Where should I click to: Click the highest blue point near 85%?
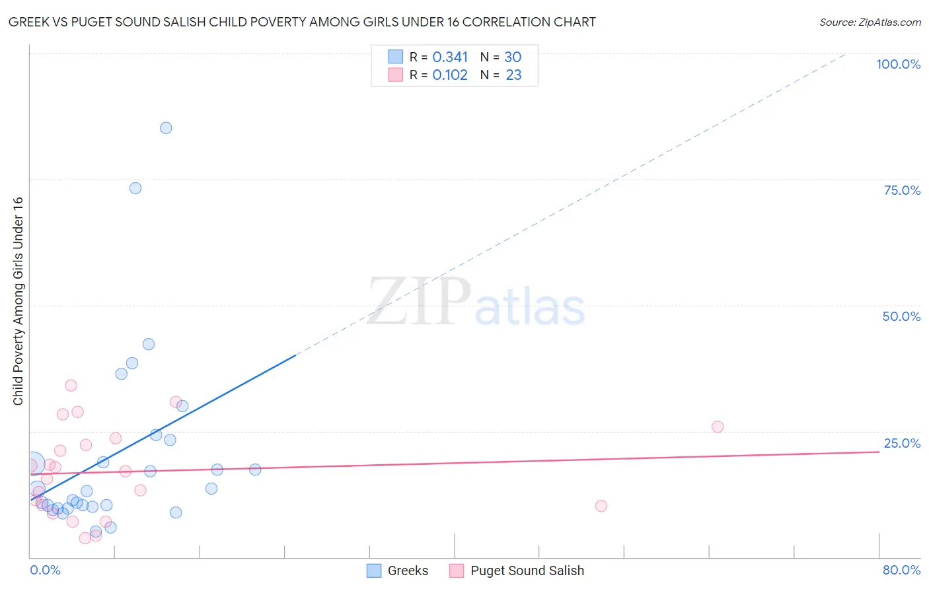[x=166, y=128]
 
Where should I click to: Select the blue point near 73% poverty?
[x=135, y=188]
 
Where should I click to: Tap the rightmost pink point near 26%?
[x=718, y=427]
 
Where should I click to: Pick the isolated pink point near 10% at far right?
[x=601, y=506]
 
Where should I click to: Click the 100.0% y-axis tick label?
[x=898, y=64]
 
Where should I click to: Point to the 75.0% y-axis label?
[x=902, y=190]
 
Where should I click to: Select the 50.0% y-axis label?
[x=901, y=316]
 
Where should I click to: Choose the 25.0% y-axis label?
[x=902, y=443]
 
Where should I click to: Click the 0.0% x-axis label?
[x=45, y=570]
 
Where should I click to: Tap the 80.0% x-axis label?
[x=901, y=570]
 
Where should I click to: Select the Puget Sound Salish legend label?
[x=527, y=571]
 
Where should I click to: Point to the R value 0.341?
[x=450, y=57]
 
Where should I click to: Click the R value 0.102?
[x=450, y=75]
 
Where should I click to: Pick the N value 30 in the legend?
[x=513, y=57]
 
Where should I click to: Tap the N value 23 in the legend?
[x=513, y=75]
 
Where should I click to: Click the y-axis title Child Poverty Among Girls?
[x=18, y=301]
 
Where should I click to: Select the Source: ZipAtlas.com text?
[x=870, y=22]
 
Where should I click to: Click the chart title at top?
[x=302, y=22]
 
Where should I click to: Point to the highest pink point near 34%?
[x=71, y=386]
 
